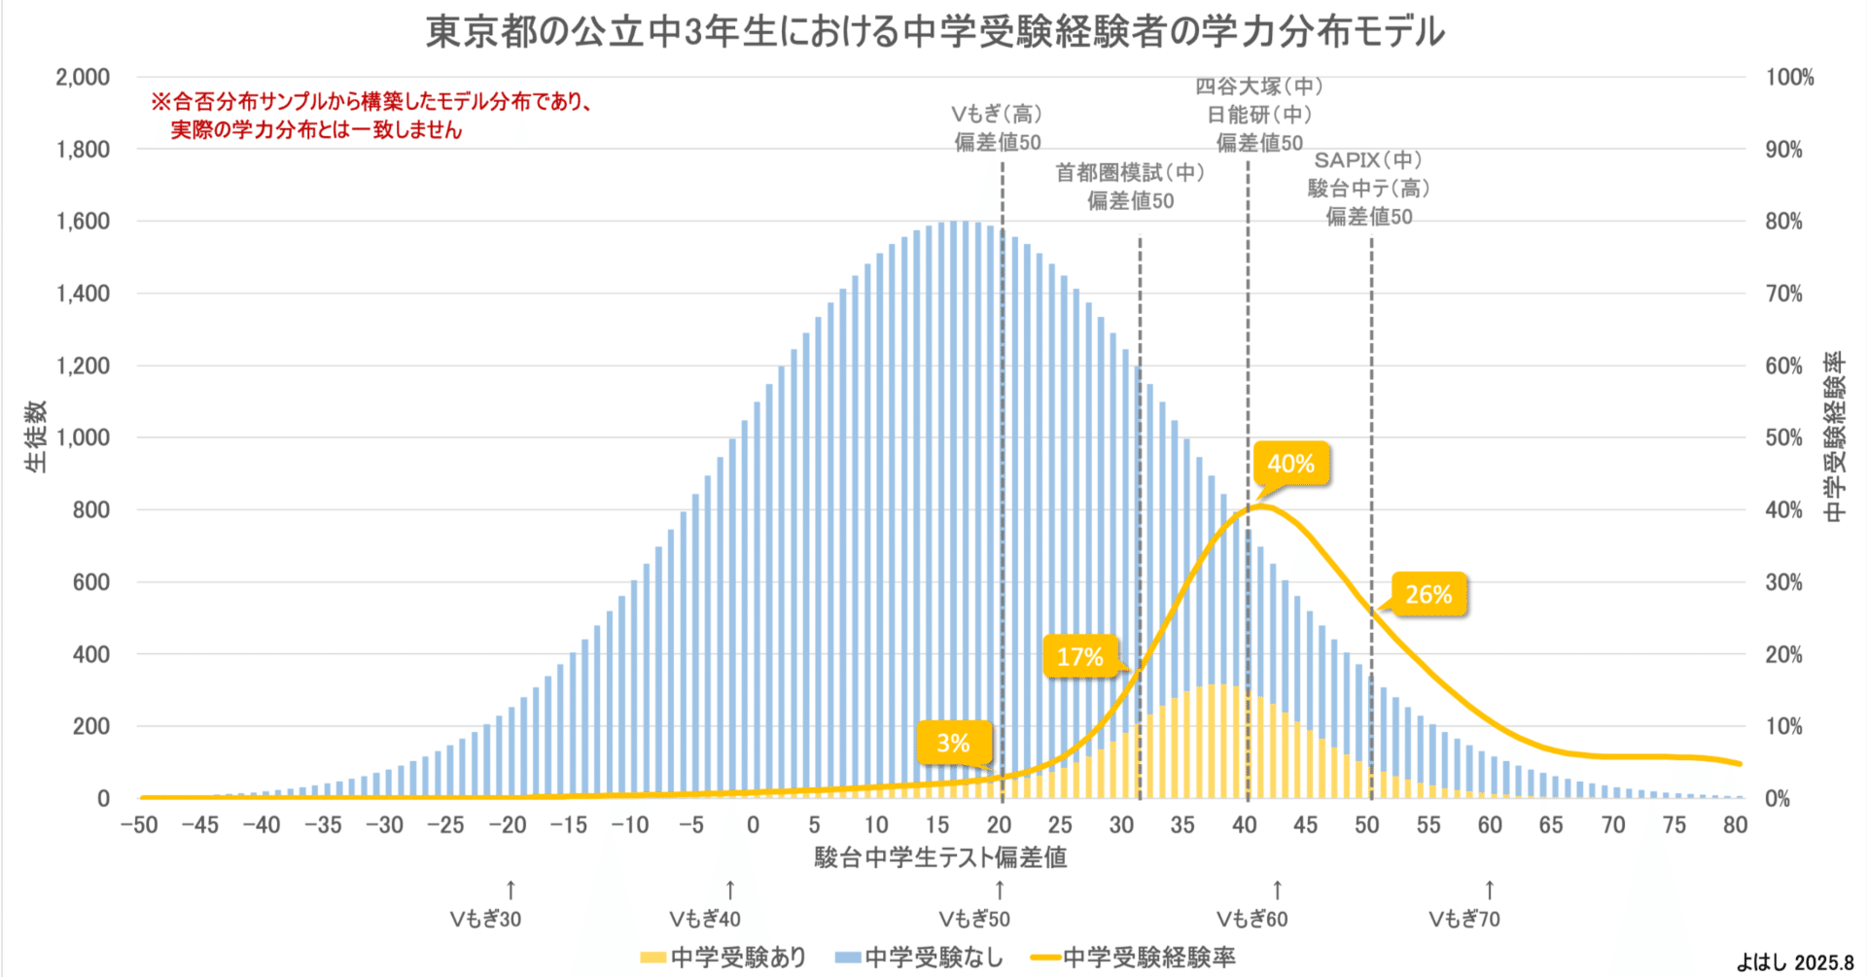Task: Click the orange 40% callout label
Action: click(x=1290, y=464)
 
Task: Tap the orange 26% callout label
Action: click(x=1427, y=594)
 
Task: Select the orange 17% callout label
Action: click(x=1079, y=657)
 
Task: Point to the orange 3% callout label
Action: click(x=953, y=744)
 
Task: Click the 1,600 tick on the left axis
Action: click(x=83, y=222)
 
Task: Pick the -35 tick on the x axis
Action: click(x=323, y=825)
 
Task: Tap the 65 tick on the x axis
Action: click(x=1551, y=825)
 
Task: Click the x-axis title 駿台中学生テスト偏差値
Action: click(x=940, y=857)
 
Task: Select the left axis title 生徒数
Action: click(x=36, y=436)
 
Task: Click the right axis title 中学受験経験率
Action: click(x=1833, y=437)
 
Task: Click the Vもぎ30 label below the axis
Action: click(x=485, y=920)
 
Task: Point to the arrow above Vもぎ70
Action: click(x=1490, y=890)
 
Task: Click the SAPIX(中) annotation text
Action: click(x=1368, y=160)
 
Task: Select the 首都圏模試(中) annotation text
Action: click(x=1130, y=173)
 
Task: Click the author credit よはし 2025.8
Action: click(x=1795, y=962)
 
